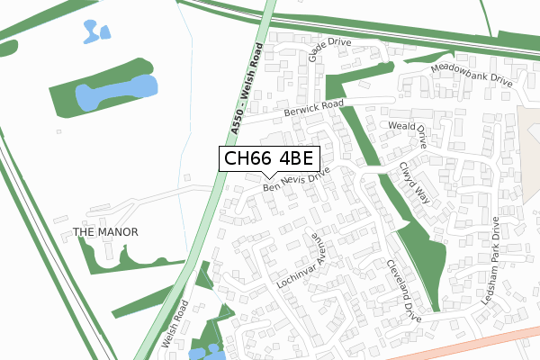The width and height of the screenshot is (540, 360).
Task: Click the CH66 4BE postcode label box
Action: [x=267, y=159]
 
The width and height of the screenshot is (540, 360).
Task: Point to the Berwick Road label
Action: [x=314, y=108]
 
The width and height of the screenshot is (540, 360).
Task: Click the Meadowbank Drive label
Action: [x=471, y=74]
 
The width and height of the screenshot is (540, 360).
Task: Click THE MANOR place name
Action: [x=105, y=232]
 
